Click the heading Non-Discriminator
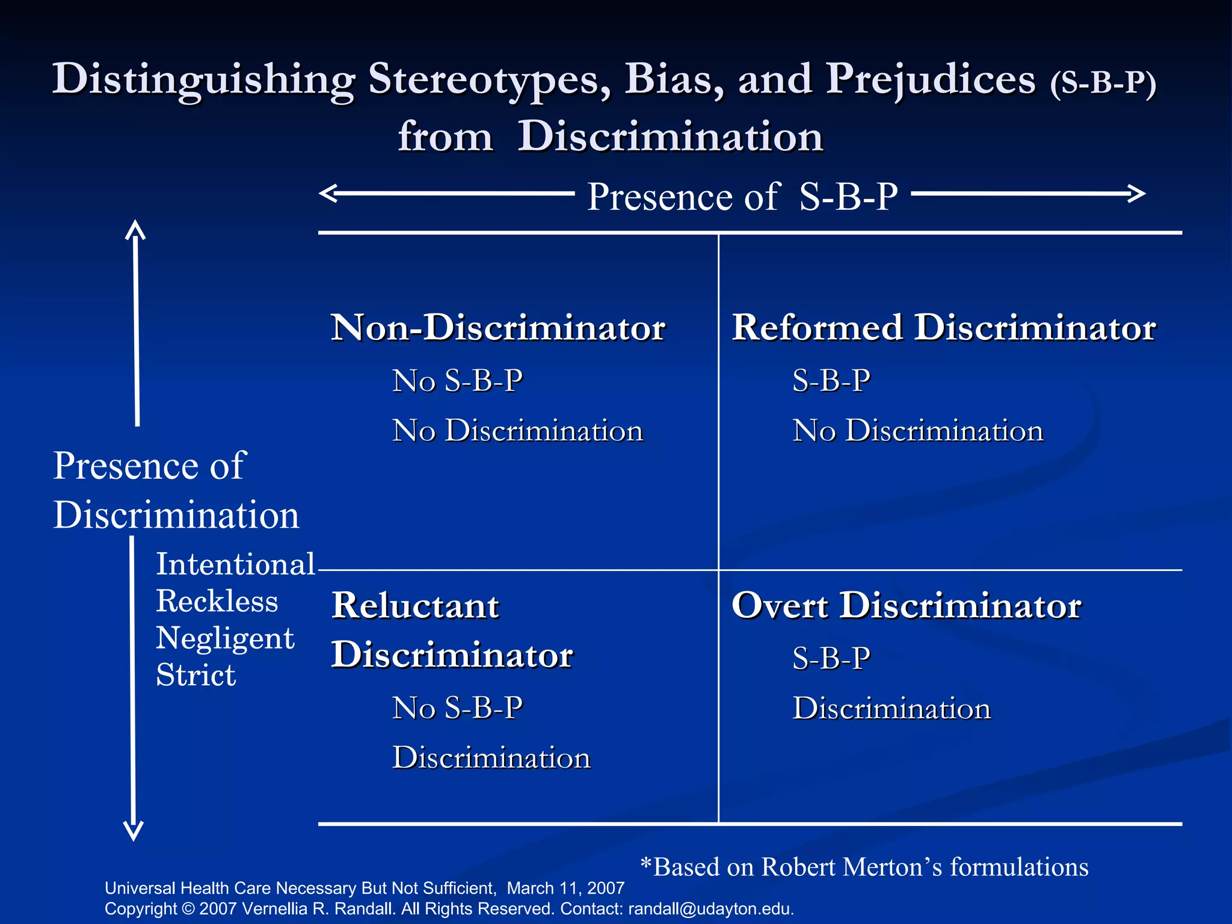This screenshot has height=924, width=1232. pos(498,328)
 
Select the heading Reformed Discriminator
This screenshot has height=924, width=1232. pos(943,328)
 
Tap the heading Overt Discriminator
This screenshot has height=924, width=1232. pos(906,606)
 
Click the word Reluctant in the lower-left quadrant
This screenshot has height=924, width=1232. pos(415,606)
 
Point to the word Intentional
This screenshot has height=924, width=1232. pos(235,564)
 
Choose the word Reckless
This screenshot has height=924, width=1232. pos(217,601)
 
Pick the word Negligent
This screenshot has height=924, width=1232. pos(225,638)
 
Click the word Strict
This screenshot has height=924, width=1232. pos(196,675)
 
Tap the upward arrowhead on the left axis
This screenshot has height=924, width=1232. pos(136,230)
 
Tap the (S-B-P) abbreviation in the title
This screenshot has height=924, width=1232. pos(1103,83)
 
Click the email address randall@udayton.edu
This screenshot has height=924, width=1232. pos(710,909)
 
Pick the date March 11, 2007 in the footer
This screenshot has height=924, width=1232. pos(565,889)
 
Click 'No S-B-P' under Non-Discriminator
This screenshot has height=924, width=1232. pos(457,381)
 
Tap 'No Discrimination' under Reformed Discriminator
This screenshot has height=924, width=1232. pos(917,431)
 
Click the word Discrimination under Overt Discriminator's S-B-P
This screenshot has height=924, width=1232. pos(892,709)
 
